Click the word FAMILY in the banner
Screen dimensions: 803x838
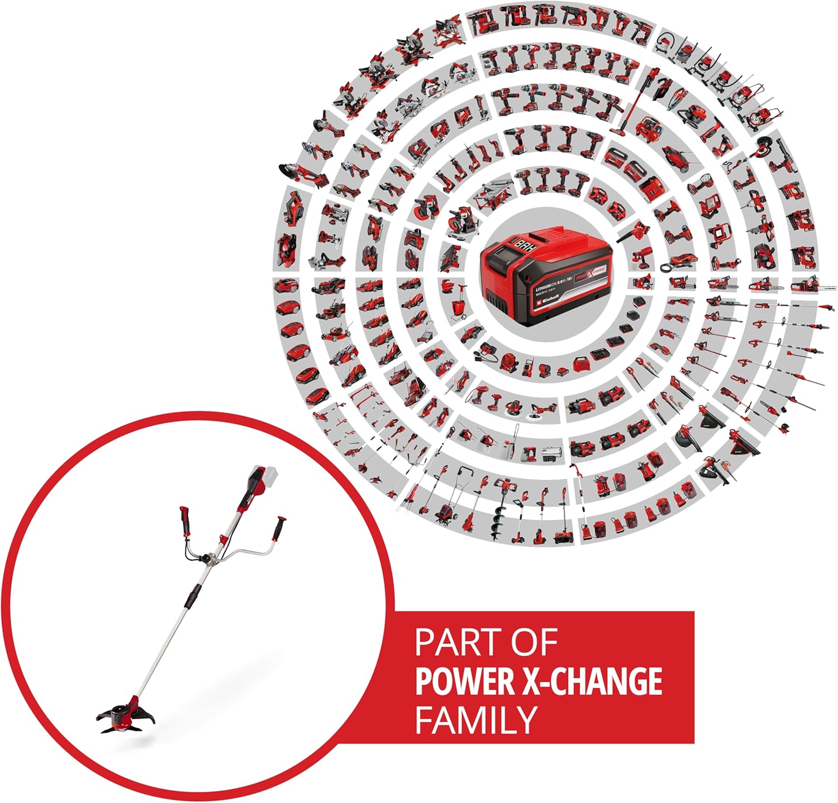[475, 720]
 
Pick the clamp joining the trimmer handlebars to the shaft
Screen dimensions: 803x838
[209, 560]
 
